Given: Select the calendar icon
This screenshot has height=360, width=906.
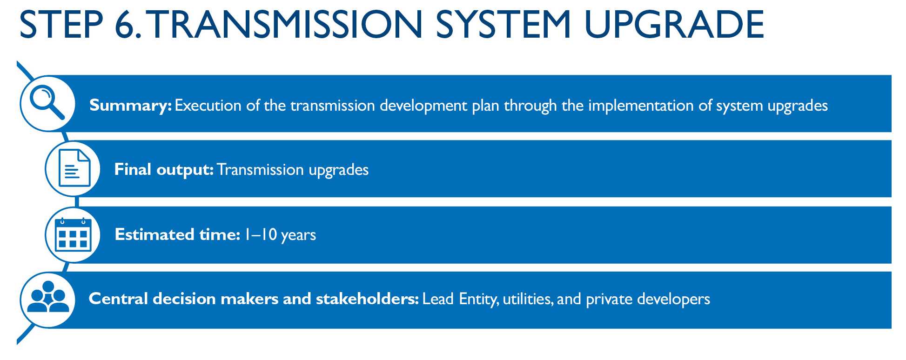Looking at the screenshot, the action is click(73, 234).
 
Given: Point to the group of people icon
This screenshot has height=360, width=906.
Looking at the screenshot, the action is click(48, 297).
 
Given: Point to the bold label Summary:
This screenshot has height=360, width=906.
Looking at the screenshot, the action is click(130, 106).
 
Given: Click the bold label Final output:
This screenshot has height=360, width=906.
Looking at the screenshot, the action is click(164, 170).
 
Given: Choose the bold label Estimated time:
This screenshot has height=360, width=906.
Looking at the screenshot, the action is click(177, 234).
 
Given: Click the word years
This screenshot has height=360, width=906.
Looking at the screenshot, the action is click(298, 235).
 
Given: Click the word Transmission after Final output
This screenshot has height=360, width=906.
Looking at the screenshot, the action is click(261, 170).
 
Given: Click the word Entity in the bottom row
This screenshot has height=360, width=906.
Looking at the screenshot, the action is click(479, 299).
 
